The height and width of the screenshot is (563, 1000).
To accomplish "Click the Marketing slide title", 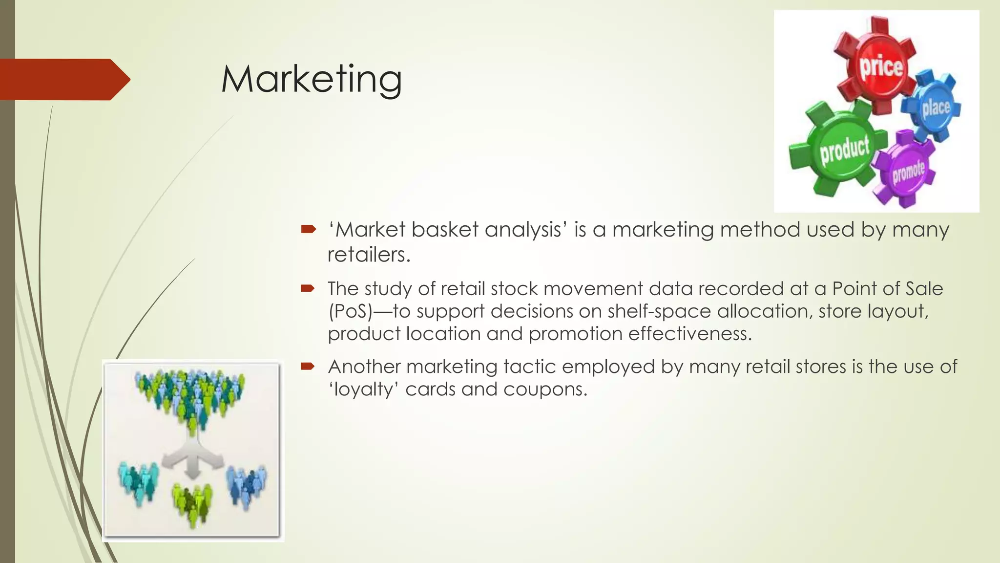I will click(312, 79).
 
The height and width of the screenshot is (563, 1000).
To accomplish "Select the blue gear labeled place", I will click(935, 107).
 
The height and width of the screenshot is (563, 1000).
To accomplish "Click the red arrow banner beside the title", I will click(63, 79).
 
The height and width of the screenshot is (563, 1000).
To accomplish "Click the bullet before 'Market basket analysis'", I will click(308, 229).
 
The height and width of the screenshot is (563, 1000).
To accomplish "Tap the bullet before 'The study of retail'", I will click(308, 288).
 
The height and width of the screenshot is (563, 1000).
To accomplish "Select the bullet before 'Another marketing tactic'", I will click(308, 366).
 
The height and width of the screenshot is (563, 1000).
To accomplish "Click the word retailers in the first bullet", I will click(368, 255).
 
